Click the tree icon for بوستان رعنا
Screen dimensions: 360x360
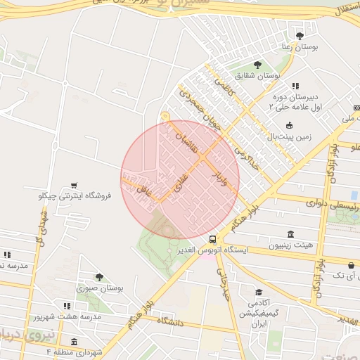point(300,36)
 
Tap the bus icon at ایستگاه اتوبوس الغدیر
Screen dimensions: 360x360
point(212,239)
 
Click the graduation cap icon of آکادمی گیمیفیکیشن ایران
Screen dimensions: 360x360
point(259,292)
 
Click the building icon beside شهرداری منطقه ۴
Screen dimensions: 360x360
point(74,341)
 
